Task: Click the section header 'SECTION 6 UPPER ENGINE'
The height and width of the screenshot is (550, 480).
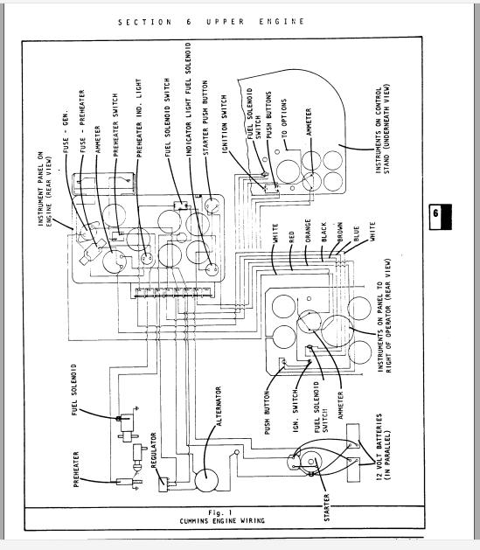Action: (x=212, y=22)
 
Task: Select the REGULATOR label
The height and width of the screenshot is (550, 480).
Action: (x=154, y=463)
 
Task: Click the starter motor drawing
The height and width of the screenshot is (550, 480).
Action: (x=310, y=460)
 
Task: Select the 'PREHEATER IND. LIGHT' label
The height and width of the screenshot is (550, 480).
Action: (x=138, y=117)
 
